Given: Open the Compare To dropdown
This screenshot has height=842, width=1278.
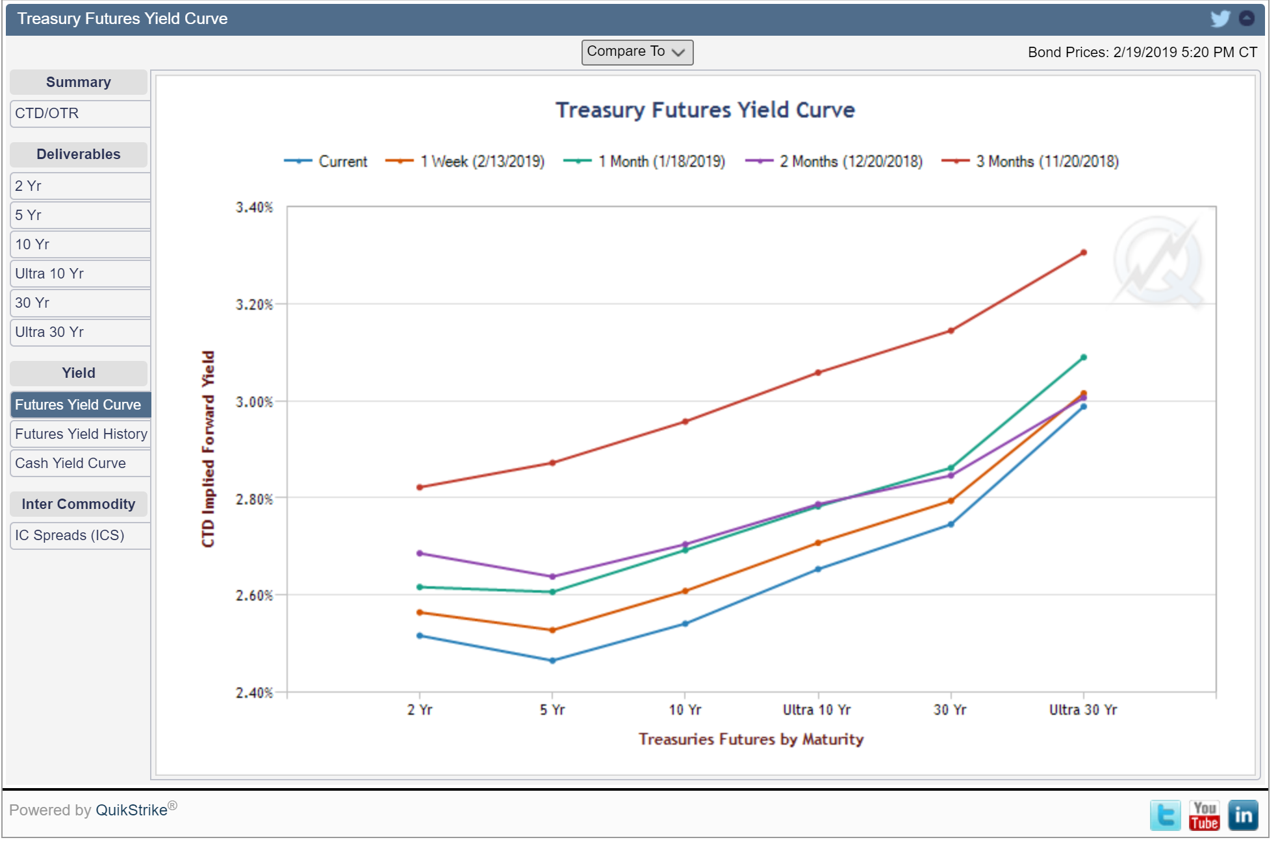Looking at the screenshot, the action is pyautogui.click(x=637, y=52).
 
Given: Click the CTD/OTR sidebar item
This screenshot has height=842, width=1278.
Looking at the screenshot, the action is pyautogui.click(x=80, y=114).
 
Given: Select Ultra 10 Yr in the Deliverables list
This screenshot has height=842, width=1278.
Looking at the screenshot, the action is pyautogui.click(x=80, y=274).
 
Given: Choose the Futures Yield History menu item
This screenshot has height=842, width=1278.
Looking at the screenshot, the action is pyautogui.click(x=80, y=434).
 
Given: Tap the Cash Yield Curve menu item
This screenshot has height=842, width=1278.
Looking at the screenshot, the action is pyautogui.click(x=80, y=463).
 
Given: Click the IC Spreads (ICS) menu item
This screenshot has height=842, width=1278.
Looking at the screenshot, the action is pyautogui.click(x=80, y=536).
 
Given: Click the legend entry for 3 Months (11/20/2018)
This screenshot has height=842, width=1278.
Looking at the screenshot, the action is pyautogui.click(x=1030, y=162).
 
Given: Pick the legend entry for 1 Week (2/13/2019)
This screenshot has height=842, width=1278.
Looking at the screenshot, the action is pyautogui.click(x=465, y=162).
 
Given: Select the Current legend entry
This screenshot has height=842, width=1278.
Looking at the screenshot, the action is pyautogui.click(x=326, y=162).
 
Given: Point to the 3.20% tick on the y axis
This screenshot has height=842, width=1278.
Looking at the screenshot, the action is pyautogui.click(x=254, y=304).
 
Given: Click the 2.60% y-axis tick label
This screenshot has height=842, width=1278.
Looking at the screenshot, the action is pyautogui.click(x=254, y=595).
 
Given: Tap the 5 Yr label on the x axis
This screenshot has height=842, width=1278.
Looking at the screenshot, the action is pyautogui.click(x=552, y=710).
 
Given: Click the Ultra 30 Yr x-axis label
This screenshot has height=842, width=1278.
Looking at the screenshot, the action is pyautogui.click(x=1083, y=710).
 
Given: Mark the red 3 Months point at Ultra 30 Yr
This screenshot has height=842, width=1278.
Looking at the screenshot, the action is pyautogui.click(x=1084, y=253).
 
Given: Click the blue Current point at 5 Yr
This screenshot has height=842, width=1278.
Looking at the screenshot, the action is pyautogui.click(x=553, y=661).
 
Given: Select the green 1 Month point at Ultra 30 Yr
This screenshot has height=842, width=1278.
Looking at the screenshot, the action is pyautogui.click(x=1084, y=357).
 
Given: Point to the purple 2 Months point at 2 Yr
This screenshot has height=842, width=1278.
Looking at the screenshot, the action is pyautogui.click(x=420, y=553).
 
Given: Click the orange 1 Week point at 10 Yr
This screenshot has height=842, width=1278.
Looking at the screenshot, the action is pyautogui.click(x=685, y=591).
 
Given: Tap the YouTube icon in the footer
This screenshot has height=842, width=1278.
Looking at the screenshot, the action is pyautogui.click(x=1204, y=815).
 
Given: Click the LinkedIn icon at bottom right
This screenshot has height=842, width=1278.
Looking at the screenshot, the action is pyautogui.click(x=1243, y=815).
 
